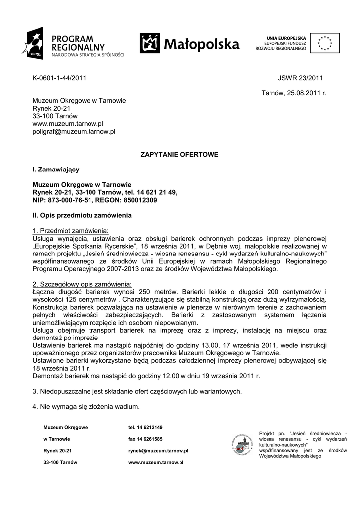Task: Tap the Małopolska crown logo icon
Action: point(150,43)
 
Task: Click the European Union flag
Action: point(325,43)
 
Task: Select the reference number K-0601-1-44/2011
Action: point(59,78)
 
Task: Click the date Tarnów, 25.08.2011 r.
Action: point(293,93)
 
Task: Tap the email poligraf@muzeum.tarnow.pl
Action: point(74,132)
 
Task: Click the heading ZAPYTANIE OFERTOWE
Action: point(180,155)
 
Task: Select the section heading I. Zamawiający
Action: point(56,170)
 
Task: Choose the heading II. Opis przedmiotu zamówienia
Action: point(82,215)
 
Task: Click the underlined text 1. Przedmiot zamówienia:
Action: point(71,231)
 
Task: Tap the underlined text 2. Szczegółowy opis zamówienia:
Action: point(82,284)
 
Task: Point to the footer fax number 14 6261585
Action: point(145,439)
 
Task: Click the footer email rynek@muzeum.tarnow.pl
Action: point(158,451)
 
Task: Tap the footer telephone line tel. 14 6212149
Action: point(145,427)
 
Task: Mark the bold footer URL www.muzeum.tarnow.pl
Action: point(156,462)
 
